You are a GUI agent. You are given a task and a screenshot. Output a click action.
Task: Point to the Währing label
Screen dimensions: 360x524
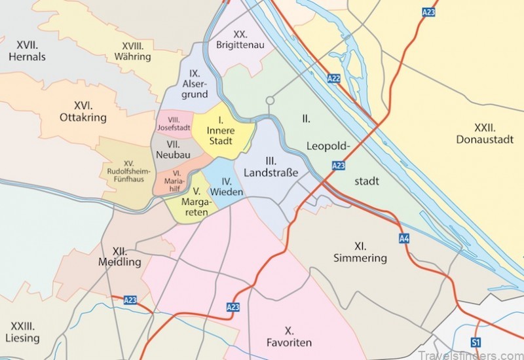click(x=136, y=51)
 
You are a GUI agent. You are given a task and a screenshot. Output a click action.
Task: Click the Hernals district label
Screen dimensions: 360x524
click(x=27, y=51)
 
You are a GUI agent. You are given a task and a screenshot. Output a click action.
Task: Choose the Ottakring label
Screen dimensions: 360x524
click(x=83, y=111)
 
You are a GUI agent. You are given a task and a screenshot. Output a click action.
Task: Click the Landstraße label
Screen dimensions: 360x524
click(x=271, y=167)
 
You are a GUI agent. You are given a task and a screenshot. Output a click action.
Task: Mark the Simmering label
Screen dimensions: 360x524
click(x=360, y=252)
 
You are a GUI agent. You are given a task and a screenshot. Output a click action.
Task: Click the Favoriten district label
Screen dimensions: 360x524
click(x=289, y=336)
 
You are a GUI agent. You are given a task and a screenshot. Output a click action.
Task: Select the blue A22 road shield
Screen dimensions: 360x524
click(x=333, y=79)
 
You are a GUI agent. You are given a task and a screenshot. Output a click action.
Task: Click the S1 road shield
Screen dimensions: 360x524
click(x=476, y=342)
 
